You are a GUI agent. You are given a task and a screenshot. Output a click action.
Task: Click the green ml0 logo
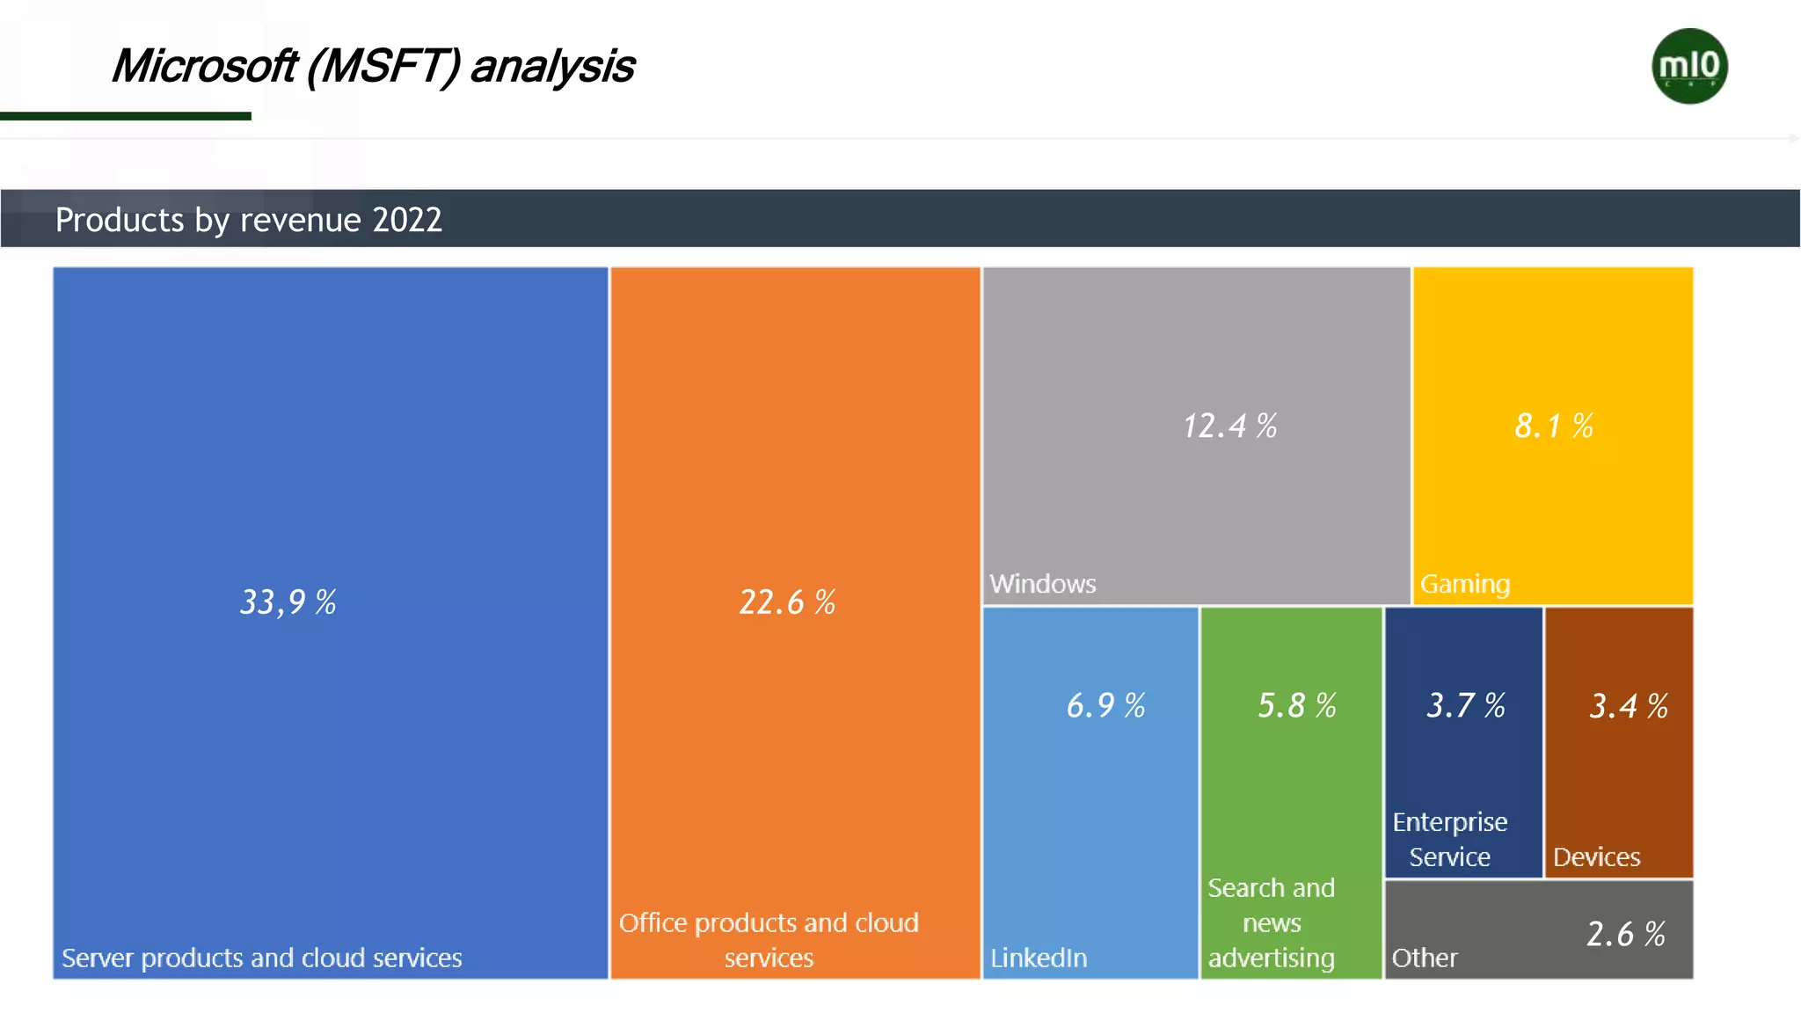click(1689, 66)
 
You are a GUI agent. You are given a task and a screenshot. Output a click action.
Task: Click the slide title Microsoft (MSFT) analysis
click(373, 67)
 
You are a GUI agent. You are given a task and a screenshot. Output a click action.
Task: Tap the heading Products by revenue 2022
click(249, 220)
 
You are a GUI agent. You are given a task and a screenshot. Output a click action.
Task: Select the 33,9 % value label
click(288, 602)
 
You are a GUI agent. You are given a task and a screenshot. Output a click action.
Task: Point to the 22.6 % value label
click(787, 602)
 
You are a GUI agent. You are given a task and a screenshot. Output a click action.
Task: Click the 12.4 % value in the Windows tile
click(1229, 426)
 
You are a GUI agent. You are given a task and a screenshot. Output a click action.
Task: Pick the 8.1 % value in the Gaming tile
click(1554, 426)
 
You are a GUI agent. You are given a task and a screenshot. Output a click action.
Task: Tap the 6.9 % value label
click(1105, 705)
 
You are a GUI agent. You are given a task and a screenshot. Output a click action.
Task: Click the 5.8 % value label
click(1297, 705)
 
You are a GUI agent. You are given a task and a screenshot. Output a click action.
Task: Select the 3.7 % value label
click(1466, 705)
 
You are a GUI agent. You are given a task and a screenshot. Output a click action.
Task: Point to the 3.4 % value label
click(1629, 706)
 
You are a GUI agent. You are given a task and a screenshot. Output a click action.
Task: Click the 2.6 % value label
click(1626, 934)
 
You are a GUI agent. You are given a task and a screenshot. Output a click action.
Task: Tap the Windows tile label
click(1043, 584)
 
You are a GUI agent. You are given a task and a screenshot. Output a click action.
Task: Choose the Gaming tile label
click(1465, 584)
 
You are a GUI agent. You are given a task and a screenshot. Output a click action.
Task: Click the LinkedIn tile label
click(1039, 958)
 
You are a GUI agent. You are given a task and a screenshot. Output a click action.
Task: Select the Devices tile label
click(1596, 856)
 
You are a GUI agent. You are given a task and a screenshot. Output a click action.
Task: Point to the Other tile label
click(1425, 958)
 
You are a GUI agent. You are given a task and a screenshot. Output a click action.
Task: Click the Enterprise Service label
click(1450, 839)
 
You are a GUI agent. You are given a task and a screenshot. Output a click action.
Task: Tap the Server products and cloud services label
click(262, 958)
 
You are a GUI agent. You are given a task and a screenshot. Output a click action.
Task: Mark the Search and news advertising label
click(1272, 922)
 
